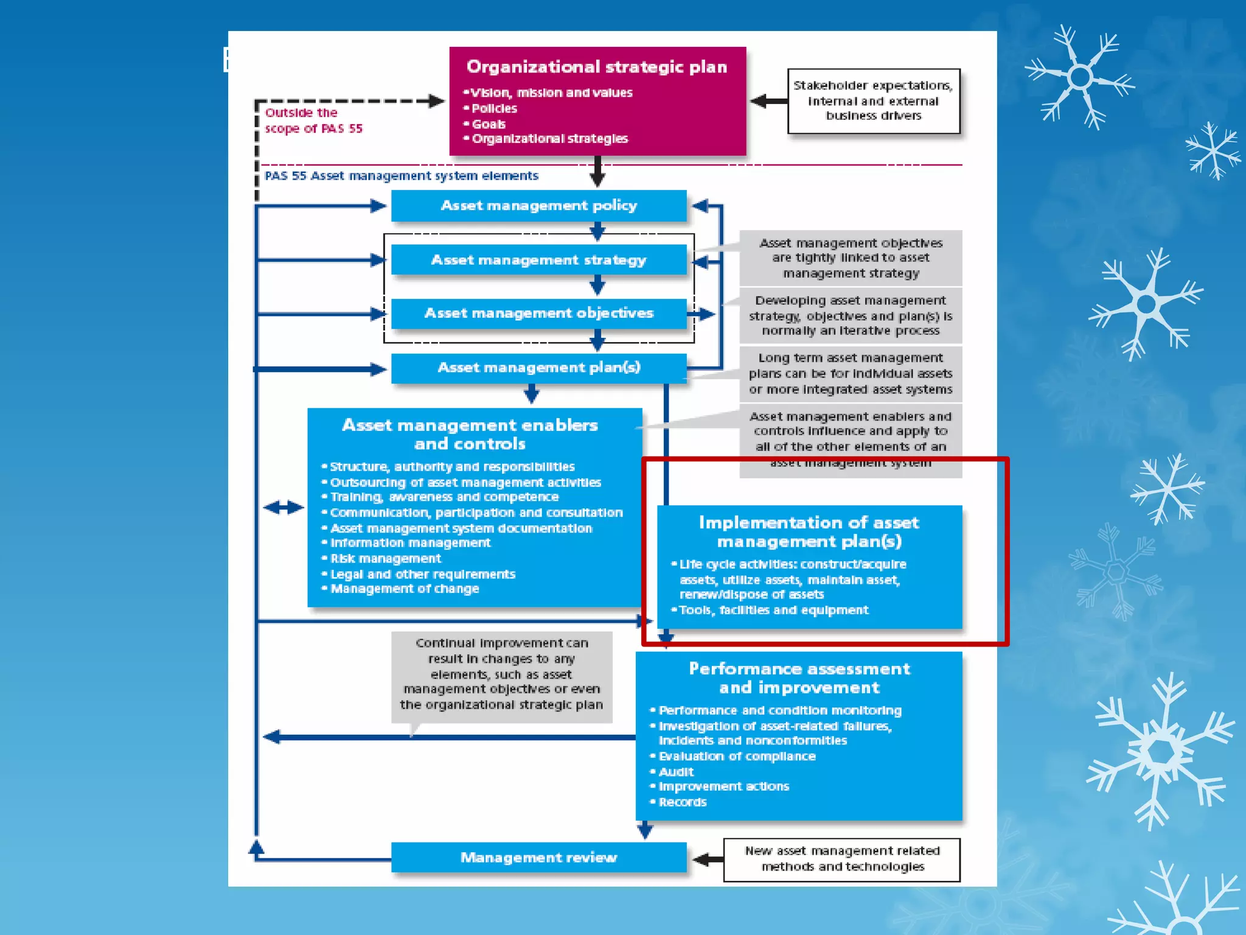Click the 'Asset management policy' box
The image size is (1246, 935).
pos(538,206)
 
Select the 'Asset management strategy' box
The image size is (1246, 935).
pos(538,260)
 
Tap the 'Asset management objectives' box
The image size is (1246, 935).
pos(538,313)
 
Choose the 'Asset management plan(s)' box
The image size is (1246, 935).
pos(538,368)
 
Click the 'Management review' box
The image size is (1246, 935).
pos(538,858)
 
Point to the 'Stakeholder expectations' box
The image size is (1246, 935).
pos(873,101)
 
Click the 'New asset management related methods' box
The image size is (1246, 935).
pos(842,859)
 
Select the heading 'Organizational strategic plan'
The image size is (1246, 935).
pos(597,67)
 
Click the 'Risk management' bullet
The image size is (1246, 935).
pos(386,559)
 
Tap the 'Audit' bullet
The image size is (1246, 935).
pos(676,772)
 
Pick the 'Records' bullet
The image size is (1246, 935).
pos(683,802)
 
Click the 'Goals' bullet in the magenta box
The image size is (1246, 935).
pos(489,124)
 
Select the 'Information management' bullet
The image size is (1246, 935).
pos(410,543)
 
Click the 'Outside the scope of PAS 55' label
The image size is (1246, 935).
pos(313,121)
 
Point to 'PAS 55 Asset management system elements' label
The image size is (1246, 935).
pos(402,176)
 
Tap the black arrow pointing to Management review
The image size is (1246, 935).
pos(708,860)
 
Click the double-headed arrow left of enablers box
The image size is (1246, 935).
pos(284,507)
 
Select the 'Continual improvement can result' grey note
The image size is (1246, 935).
pos(501,674)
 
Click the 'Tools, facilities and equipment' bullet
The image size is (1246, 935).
pos(773,611)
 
